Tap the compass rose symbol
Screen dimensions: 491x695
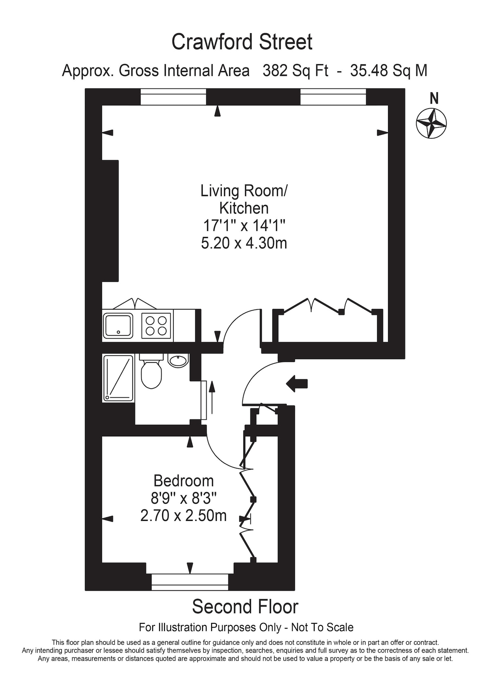pyautogui.click(x=431, y=124)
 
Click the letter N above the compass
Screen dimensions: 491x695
pyautogui.click(x=434, y=99)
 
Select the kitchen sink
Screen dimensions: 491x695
pyautogui.click(x=118, y=326)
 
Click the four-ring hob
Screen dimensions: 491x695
pyautogui.click(x=156, y=326)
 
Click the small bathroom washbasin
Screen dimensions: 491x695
pyautogui.click(x=178, y=360)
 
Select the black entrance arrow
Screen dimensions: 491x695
pyautogui.click(x=297, y=384)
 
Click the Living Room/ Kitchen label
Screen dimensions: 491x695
pyautogui.click(x=244, y=199)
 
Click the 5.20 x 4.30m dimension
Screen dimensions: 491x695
pyautogui.click(x=244, y=243)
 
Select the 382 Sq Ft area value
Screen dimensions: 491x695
pyautogui.click(x=295, y=71)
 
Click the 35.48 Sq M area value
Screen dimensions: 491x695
pyautogui.click(x=389, y=71)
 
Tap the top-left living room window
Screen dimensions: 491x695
pyautogui.click(x=173, y=97)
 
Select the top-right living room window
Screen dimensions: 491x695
pyautogui.click(x=333, y=97)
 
